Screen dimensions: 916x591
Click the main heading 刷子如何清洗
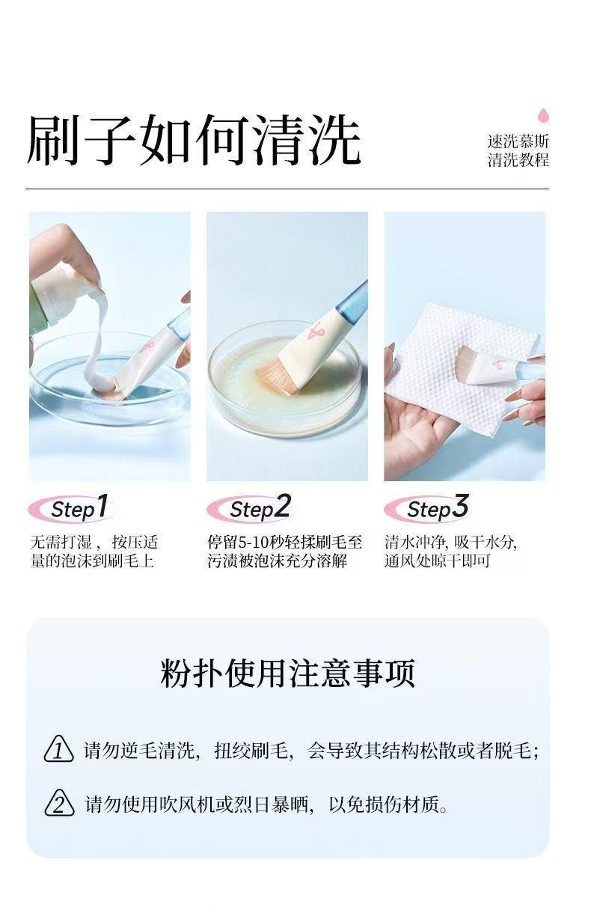point(193,140)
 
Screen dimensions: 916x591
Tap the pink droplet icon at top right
point(543,117)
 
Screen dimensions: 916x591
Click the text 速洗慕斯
point(518,141)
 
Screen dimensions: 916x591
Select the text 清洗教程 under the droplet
point(518,160)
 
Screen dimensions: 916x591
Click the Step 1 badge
point(72,510)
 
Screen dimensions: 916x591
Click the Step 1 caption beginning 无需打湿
point(94,552)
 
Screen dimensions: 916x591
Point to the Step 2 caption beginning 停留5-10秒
point(284,552)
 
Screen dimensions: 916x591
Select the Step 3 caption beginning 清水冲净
point(450,552)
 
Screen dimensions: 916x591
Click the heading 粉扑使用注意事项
point(287,673)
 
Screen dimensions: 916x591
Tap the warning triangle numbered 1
point(59,750)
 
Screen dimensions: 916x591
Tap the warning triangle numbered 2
point(59,804)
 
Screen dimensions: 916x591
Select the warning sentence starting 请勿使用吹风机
point(266,804)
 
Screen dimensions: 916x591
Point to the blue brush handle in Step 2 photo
point(352,300)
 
